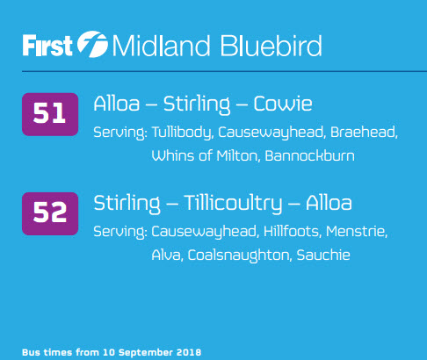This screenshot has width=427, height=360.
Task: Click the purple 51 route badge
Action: tap(50, 114)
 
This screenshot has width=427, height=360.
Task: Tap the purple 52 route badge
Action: tap(50, 213)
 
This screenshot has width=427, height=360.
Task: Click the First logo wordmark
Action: tap(47, 46)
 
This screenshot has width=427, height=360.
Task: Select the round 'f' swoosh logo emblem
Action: tap(92, 44)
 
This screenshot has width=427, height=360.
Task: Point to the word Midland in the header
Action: tap(161, 46)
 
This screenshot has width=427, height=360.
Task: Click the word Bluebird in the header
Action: tap(271, 46)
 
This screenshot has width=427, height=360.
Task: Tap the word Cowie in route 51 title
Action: tap(283, 104)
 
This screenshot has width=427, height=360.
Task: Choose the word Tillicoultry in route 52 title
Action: tap(233, 204)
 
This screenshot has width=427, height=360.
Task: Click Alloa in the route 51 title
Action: tap(117, 104)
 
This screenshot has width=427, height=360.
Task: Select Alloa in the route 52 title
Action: tap(329, 203)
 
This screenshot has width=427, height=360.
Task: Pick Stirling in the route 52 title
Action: tap(127, 204)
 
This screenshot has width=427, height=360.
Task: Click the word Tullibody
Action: tap(182, 133)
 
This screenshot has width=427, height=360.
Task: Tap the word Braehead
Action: tap(364, 133)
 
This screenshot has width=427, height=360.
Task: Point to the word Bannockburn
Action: tap(310, 155)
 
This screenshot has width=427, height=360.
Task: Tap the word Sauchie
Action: tap(323, 255)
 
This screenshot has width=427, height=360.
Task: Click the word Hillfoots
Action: tap(292, 232)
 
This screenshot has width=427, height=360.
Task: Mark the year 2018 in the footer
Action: tap(190, 352)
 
